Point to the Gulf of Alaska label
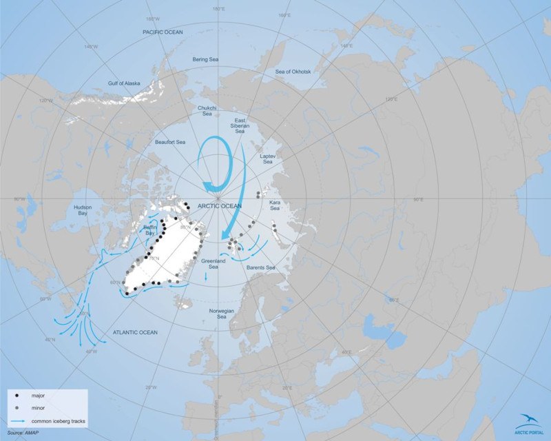pyautogui.click(x=124, y=83)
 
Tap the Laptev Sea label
pyautogui.click(x=267, y=160)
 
